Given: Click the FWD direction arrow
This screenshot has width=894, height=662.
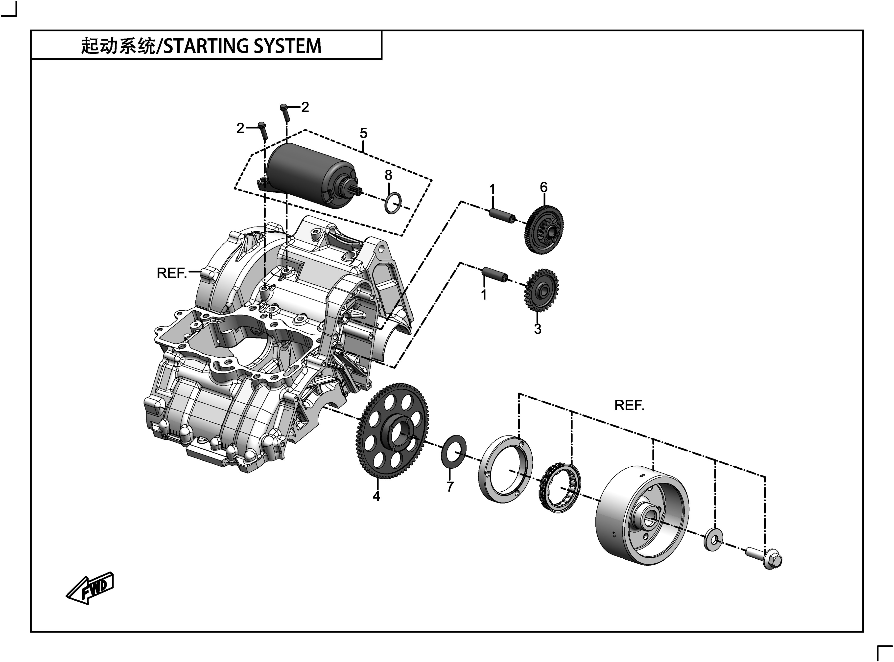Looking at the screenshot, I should [90, 588].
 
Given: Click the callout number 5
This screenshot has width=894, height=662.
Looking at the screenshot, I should [363, 133].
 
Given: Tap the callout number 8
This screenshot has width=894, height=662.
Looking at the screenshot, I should [388, 175].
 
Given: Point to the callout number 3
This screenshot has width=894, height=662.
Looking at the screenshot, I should [537, 329].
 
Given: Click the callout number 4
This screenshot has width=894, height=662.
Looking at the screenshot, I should [376, 496].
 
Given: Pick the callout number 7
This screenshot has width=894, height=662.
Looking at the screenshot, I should [450, 486].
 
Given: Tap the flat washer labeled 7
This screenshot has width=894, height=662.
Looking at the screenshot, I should [453, 451].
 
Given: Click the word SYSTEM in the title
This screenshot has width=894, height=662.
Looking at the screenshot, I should [287, 46].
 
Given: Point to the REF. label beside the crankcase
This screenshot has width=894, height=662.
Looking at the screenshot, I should [172, 273].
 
